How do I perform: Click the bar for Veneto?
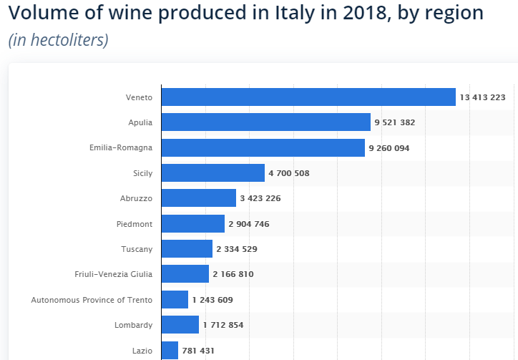308,97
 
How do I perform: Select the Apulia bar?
266,122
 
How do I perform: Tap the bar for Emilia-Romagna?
263,147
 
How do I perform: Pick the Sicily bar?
213,172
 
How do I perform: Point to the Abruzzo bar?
199,198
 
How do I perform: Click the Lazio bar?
170,350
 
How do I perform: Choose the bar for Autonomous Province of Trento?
175,299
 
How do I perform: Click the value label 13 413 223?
483,97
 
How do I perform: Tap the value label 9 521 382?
394,122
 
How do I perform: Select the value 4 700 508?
289,173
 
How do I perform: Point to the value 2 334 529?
237,249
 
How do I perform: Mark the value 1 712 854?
223,325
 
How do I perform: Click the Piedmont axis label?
135,224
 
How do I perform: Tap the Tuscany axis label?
137,249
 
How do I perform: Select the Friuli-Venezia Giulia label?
114,274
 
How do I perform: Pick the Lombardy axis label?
134,325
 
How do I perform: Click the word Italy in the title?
292,13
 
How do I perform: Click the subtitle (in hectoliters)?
59,39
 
